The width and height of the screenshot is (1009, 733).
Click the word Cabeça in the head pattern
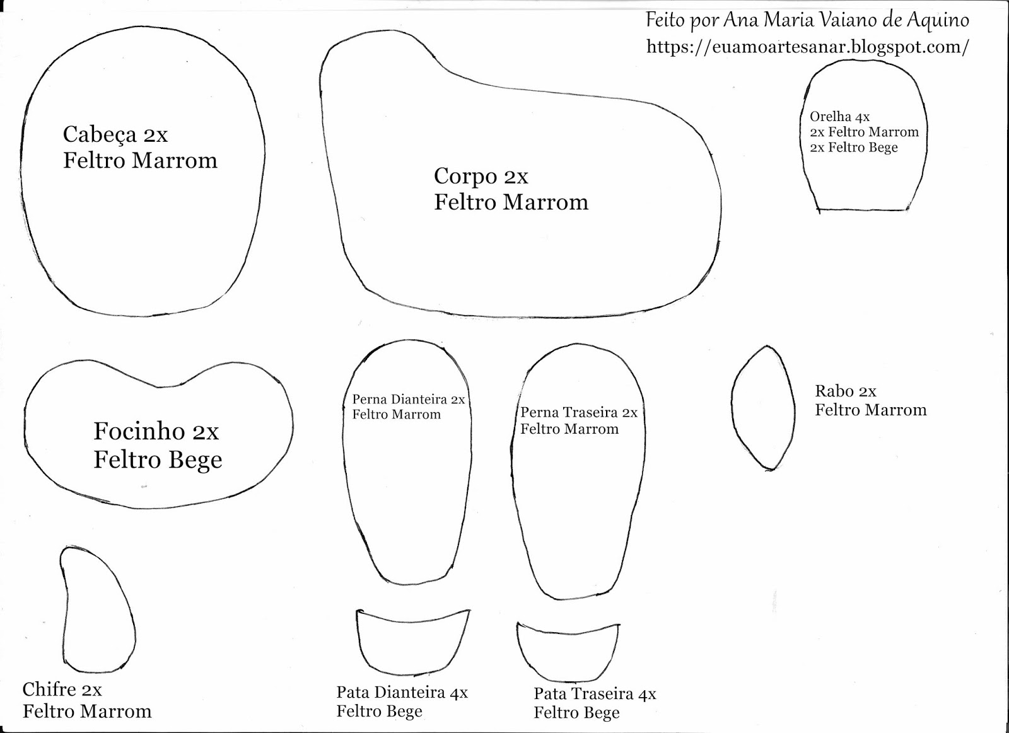[100, 135]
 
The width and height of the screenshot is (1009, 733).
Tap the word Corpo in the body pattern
[465, 176]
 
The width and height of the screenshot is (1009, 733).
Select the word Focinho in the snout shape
[139, 432]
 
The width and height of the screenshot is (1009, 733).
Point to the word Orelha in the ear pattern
[830, 117]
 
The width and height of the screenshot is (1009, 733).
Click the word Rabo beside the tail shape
[833, 391]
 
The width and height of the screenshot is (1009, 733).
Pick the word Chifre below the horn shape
[49, 690]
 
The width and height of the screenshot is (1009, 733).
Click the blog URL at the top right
[807, 47]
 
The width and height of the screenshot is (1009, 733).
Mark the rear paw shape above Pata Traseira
[567, 650]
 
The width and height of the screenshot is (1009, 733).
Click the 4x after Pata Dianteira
[458, 693]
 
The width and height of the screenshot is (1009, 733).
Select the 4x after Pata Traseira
[647, 695]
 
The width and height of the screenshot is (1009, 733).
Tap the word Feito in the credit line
[665, 21]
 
